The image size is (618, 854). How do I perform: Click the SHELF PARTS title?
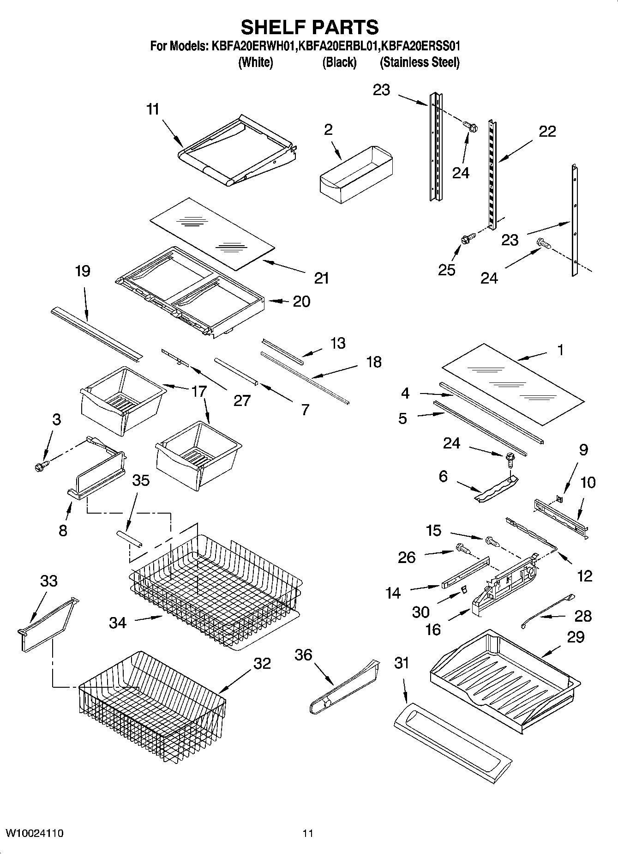pos(310,27)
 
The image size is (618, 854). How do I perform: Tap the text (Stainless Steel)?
pos(419,62)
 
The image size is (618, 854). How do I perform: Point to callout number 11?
pos(153,109)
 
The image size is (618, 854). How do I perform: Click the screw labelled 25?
pos(465,240)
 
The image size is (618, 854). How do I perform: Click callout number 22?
pos(547,132)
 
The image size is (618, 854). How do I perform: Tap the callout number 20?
pos(301,302)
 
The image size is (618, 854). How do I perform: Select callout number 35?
pos(141,480)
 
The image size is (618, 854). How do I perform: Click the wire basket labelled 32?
pos(152,707)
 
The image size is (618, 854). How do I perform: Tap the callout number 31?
pos(402,664)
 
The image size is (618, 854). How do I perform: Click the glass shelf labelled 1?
pos(512,383)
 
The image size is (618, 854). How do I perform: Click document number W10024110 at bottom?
pos(34,833)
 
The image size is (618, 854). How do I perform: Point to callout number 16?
pos(432,629)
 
